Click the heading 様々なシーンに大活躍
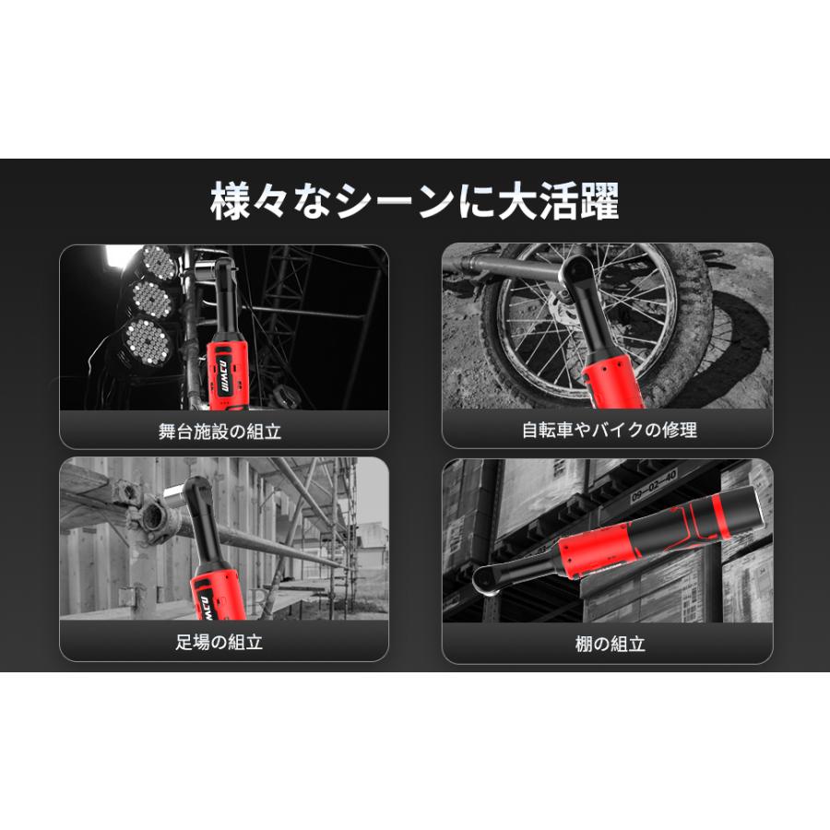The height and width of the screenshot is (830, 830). [415, 201]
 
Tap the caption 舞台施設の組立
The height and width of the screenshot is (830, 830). [224, 431]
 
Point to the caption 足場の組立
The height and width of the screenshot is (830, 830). [224, 643]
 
